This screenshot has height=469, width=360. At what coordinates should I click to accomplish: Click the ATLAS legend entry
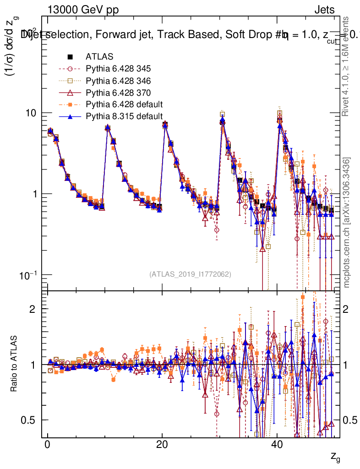pyautogui.click(x=99, y=57)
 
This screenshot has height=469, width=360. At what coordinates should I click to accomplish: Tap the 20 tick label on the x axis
pyautogui.click(x=162, y=446)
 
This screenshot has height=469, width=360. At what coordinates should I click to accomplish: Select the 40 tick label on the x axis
pyautogui.click(x=276, y=446)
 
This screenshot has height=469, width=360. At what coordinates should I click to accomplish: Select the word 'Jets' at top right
pyautogui.click(x=324, y=10)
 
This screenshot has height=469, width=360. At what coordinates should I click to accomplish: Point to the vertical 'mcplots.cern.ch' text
pyautogui.click(x=347, y=223)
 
